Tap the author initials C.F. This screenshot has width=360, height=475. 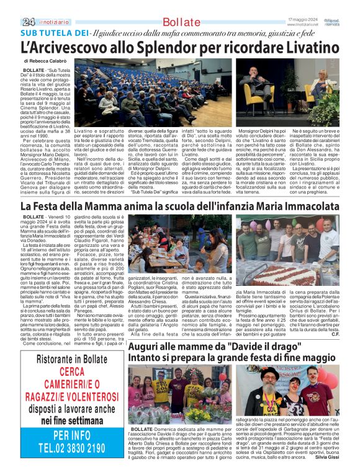click(x=335, y=317)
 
